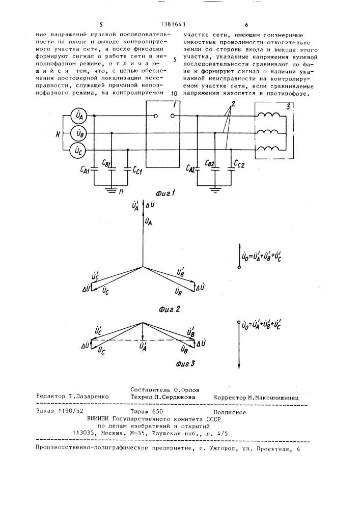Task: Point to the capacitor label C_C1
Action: click(137, 169)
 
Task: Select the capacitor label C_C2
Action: click(239, 164)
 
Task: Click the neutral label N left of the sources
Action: click(58, 134)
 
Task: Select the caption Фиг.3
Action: click(185, 364)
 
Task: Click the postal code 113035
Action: click(85, 433)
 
